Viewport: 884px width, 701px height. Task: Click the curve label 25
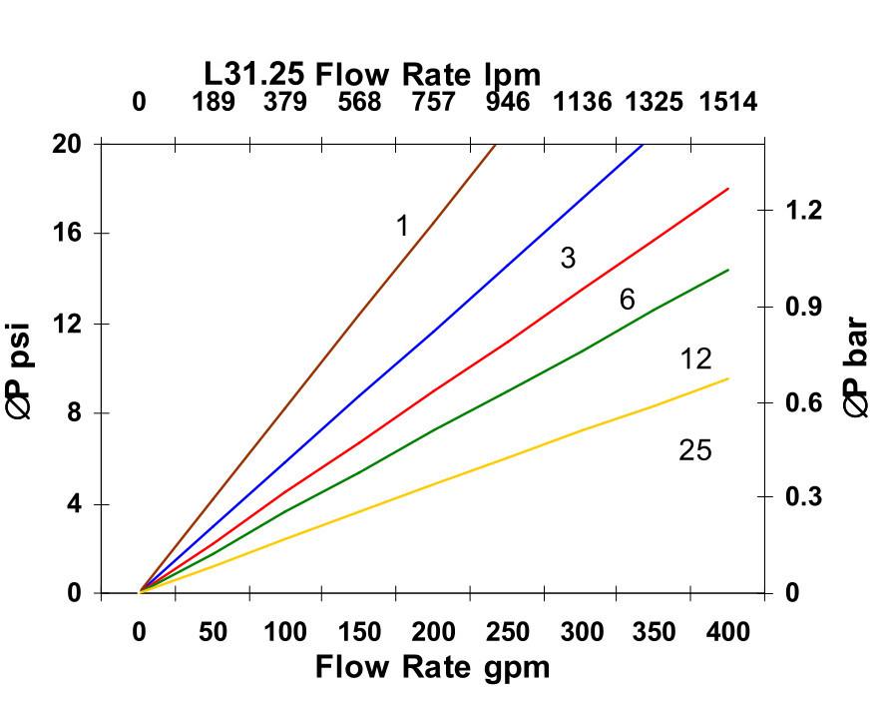(695, 451)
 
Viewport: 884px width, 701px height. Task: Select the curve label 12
(695, 359)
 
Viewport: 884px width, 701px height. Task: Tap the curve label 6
(627, 300)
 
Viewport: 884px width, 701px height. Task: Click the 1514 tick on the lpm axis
(727, 103)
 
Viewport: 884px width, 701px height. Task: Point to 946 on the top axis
(508, 103)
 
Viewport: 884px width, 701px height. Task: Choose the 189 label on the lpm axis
(214, 103)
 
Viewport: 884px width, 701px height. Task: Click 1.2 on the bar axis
(803, 211)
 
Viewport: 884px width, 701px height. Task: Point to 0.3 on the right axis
(803, 497)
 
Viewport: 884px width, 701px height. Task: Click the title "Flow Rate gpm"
(432, 666)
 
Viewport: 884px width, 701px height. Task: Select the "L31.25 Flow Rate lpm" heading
(372, 74)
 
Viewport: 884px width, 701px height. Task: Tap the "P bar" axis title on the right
(856, 367)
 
